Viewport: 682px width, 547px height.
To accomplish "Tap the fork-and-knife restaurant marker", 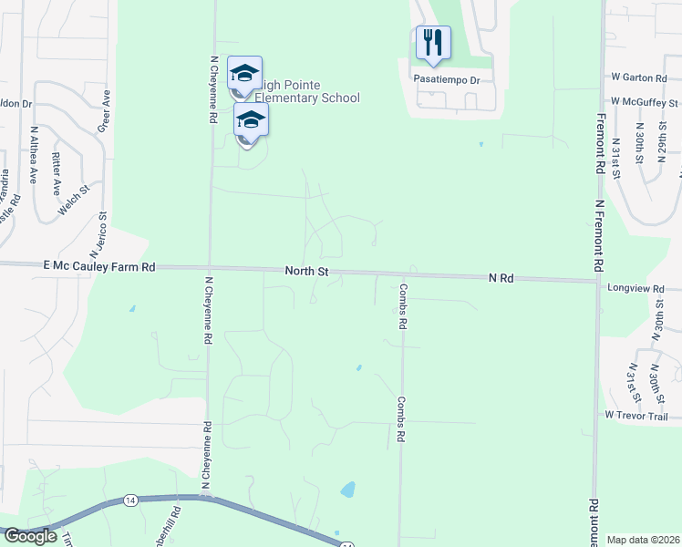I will [x=433, y=42].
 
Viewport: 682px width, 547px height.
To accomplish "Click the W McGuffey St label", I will [x=645, y=101].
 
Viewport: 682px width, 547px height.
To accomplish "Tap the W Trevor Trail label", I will [x=635, y=416].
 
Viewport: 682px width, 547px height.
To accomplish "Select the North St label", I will [x=305, y=272].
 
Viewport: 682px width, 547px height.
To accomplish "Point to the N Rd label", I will [x=501, y=277].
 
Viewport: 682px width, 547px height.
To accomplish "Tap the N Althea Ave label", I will [x=34, y=155].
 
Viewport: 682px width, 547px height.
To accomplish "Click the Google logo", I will [x=30, y=536].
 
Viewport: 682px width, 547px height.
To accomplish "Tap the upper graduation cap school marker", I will [x=244, y=73].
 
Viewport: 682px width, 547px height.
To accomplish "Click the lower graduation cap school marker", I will [x=251, y=120].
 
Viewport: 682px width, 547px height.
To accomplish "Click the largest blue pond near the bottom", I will [x=347, y=490].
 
